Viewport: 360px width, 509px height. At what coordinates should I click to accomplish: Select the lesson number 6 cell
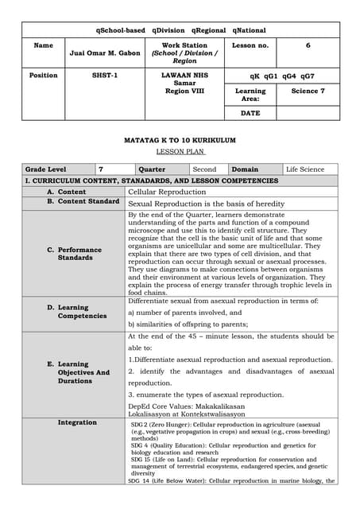308,46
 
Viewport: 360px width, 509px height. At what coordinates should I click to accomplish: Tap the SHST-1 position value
105,76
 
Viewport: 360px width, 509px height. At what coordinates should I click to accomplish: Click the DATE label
250,113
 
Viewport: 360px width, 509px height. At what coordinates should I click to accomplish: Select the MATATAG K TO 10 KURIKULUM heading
180,140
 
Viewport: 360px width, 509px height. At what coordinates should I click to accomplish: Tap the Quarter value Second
204,169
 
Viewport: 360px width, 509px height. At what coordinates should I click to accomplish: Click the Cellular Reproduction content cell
167,192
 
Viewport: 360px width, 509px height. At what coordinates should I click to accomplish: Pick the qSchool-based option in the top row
120,30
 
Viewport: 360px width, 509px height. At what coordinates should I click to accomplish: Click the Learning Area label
250,95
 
